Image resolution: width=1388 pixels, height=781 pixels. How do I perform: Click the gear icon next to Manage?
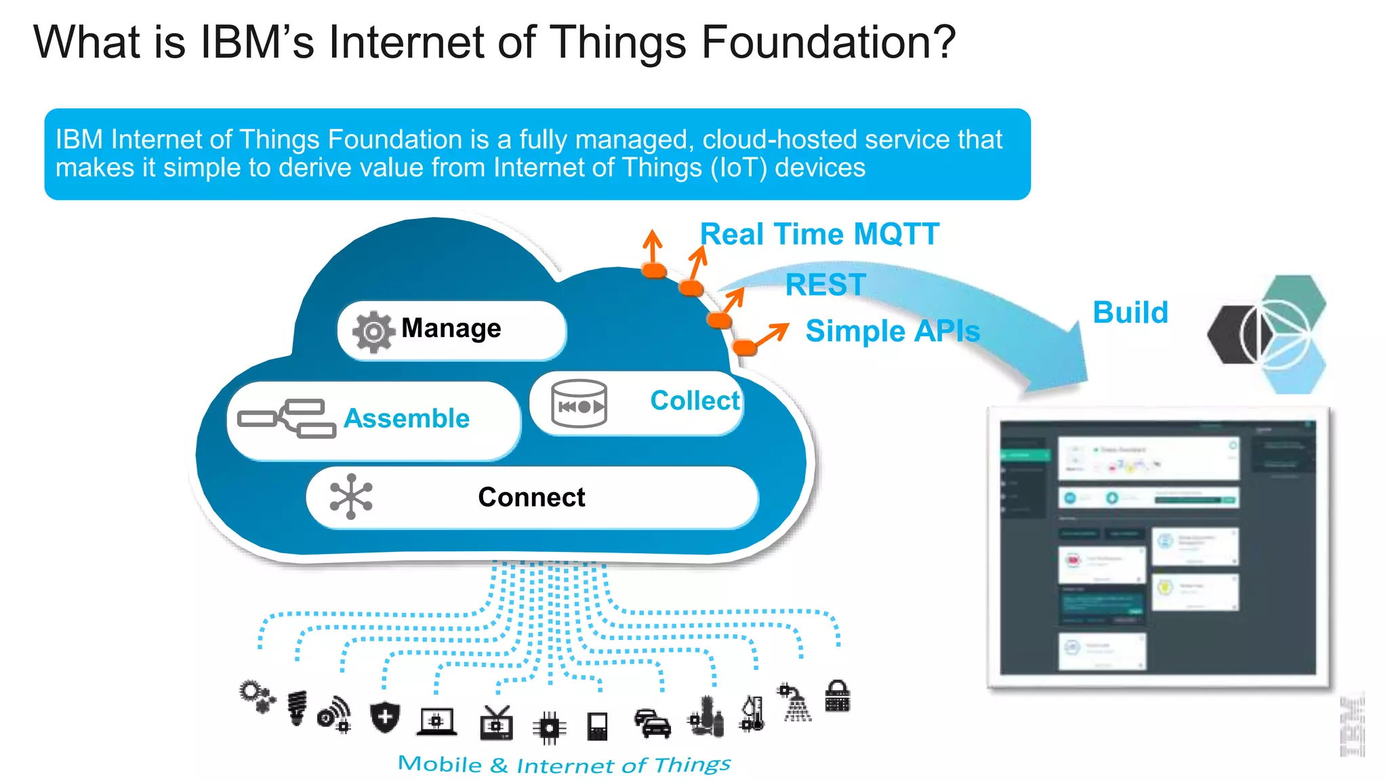point(373,332)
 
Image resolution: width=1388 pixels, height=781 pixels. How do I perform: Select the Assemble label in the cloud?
point(407,418)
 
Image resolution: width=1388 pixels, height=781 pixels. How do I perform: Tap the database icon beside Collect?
point(579,404)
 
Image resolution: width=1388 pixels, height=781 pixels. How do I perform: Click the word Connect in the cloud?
point(531,497)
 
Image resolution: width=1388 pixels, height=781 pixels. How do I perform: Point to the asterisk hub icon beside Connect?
point(350,497)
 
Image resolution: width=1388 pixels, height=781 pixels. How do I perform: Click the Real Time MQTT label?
point(819,235)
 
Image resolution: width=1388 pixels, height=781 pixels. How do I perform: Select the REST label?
point(825,285)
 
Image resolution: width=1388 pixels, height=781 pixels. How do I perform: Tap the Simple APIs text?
point(893,332)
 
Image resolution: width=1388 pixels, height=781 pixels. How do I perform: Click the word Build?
point(1130,313)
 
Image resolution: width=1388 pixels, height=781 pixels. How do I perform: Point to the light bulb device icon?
point(297,708)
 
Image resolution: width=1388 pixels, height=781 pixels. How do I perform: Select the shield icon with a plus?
point(385,717)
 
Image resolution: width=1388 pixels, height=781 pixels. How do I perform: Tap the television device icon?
point(496,723)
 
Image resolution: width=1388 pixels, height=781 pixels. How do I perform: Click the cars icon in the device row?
point(652,724)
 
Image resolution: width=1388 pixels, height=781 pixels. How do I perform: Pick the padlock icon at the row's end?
point(837,697)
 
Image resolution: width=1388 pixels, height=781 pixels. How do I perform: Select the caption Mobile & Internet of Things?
point(564,765)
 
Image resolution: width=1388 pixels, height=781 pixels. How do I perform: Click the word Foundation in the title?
point(828,42)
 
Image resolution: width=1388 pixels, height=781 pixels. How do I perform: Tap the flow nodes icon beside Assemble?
point(287,418)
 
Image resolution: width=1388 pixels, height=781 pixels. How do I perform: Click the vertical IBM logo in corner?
point(1352,725)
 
